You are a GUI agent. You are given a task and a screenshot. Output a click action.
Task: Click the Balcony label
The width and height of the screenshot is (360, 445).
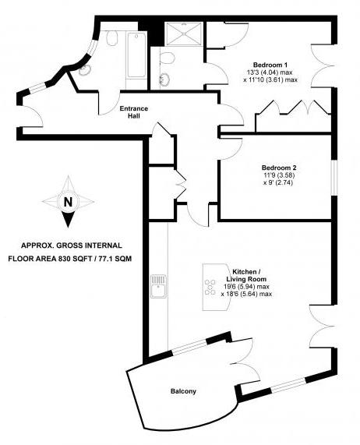(x=183, y=391)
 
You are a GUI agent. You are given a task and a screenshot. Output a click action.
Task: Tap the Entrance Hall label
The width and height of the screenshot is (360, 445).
(x=133, y=112)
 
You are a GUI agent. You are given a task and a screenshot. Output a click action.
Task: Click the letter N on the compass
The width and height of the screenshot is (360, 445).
(x=68, y=202)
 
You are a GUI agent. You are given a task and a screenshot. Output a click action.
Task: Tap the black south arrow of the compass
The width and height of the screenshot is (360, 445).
(x=68, y=219)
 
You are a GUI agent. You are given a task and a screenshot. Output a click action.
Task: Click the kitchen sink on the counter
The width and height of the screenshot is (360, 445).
(x=159, y=286)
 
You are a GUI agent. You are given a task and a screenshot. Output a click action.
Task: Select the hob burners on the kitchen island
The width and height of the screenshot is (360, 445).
(x=210, y=288)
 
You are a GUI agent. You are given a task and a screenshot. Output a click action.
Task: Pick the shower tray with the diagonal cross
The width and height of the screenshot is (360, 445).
(x=184, y=34)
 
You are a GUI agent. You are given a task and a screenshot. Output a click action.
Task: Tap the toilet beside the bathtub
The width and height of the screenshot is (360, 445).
(x=112, y=38)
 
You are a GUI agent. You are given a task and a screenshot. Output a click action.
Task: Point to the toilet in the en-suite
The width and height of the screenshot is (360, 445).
(x=168, y=58)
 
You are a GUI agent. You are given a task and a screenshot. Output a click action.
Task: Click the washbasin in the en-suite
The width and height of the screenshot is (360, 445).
(x=165, y=79)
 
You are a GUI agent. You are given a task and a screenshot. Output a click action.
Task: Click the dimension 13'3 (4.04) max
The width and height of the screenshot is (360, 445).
(x=270, y=72)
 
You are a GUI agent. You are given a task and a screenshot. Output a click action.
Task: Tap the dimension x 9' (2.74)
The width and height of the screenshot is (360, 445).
(x=278, y=182)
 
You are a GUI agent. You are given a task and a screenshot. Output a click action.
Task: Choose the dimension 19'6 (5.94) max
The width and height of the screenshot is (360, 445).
(x=246, y=287)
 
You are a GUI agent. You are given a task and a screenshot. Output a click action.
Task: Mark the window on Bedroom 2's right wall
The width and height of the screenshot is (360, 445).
(x=334, y=178)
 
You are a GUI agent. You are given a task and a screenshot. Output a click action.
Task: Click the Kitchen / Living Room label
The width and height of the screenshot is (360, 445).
(x=249, y=275)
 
